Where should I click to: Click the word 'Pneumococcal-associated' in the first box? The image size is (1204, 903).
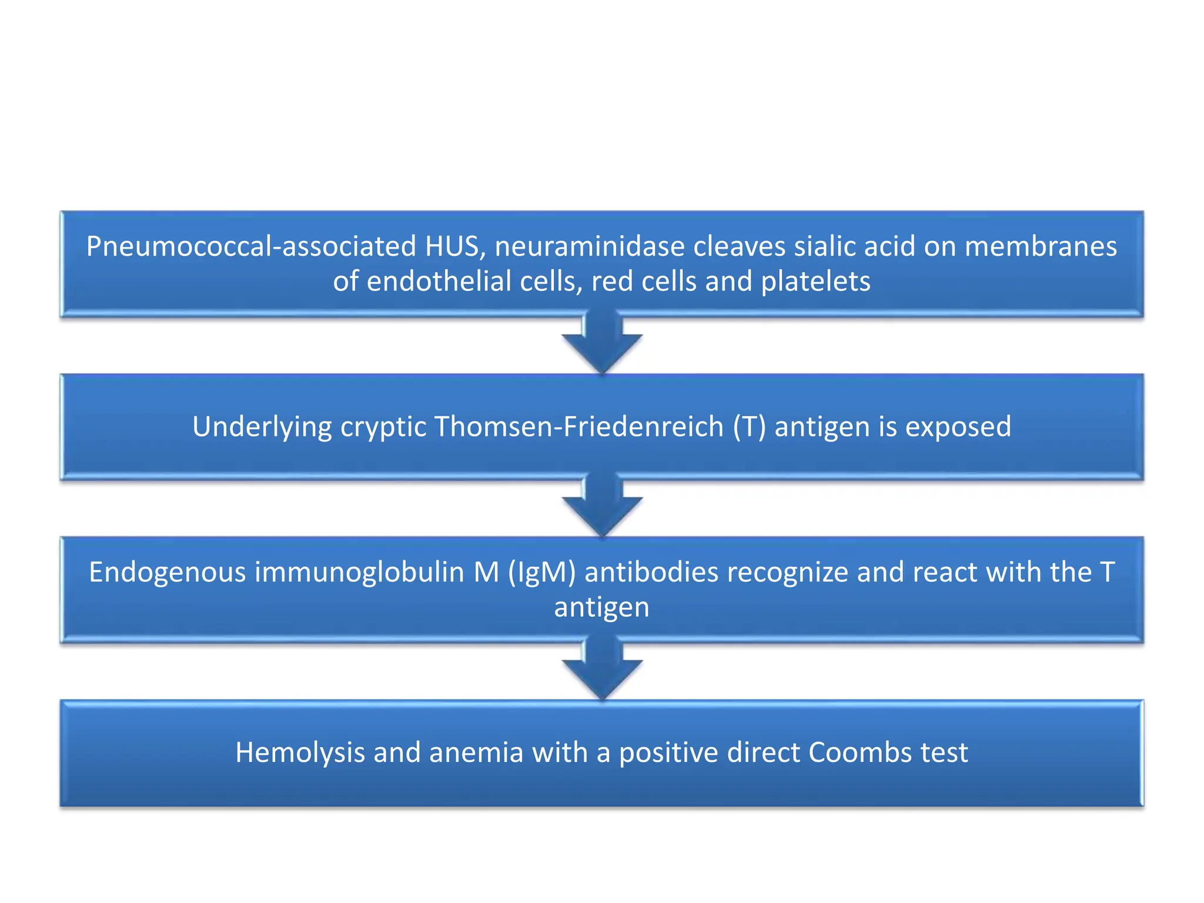pos(252,246)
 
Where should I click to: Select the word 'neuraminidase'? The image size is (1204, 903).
pos(589,246)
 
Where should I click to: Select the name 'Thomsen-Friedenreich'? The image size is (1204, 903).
pos(578,427)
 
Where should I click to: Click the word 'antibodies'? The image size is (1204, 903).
pos(651,573)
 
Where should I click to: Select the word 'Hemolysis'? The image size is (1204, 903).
pos(300,752)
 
